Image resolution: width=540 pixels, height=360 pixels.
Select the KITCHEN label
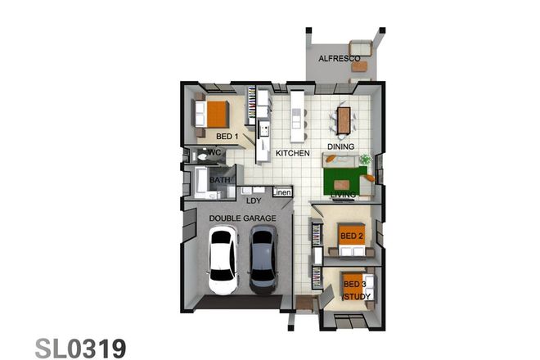tap(292, 153)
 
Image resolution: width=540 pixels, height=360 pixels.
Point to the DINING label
tap(341, 146)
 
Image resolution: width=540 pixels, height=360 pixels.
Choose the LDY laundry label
tap(254, 200)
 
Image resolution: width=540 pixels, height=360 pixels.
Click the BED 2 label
tap(351, 236)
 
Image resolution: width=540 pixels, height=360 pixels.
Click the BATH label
tap(219, 180)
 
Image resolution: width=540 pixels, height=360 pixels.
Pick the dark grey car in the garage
tap(263, 259)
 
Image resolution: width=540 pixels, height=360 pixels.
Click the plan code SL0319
tap(80, 347)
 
